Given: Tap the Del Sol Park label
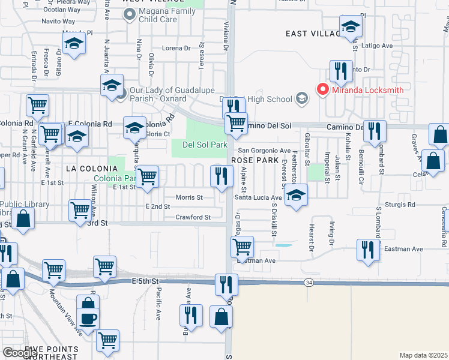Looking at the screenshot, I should point(205,145).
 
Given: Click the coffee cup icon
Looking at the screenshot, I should point(88,319).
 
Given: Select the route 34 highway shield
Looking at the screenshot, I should point(308,282).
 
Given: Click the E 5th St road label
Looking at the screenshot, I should point(146,281).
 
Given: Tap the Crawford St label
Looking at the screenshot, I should point(193,217).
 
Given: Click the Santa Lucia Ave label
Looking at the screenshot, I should point(258,197).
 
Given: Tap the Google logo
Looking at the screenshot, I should point(20,353).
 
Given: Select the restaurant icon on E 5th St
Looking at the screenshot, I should point(226,284).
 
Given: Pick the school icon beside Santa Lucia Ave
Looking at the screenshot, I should point(295,195).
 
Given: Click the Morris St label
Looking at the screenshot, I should point(190,197).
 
